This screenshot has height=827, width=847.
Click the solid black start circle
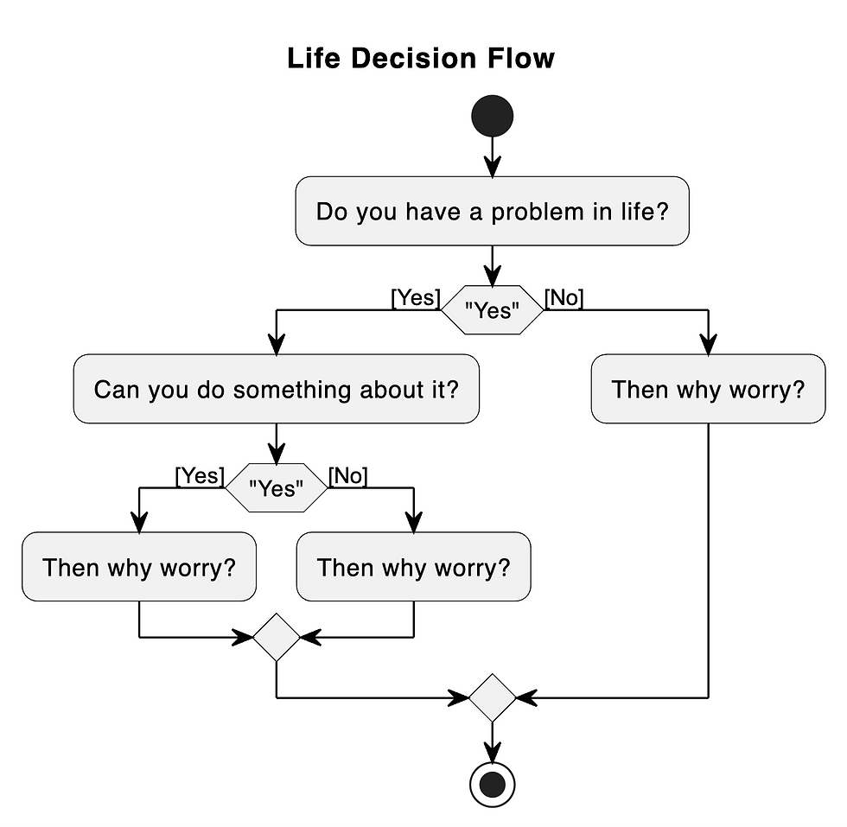493,115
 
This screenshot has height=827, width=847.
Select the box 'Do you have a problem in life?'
493,212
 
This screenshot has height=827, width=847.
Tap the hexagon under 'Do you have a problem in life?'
493,310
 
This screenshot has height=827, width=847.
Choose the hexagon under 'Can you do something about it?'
277,488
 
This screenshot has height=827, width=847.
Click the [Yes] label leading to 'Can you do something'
416,298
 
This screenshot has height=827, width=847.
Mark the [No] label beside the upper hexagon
564,298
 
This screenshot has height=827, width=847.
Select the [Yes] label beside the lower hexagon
200,475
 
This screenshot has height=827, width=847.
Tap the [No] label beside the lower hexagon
348,475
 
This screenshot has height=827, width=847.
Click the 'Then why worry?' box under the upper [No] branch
708,389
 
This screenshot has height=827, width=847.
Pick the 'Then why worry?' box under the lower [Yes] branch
139,567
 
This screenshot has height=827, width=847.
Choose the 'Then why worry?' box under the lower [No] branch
413,567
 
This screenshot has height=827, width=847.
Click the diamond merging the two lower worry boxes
277,638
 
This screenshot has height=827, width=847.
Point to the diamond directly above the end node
493,697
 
